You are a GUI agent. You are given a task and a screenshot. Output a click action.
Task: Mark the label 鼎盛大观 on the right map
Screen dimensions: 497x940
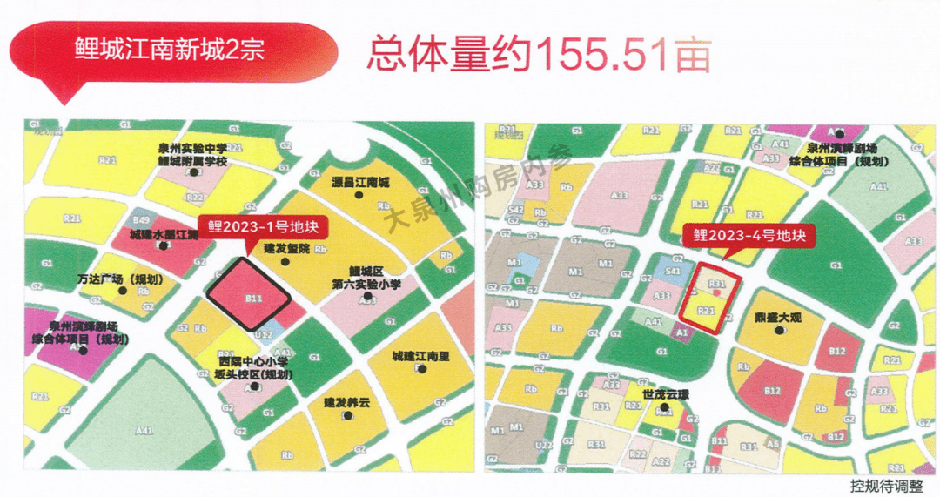coord(777,318)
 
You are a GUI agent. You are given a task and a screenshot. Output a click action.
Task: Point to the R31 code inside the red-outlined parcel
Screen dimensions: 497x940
coord(718,284)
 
